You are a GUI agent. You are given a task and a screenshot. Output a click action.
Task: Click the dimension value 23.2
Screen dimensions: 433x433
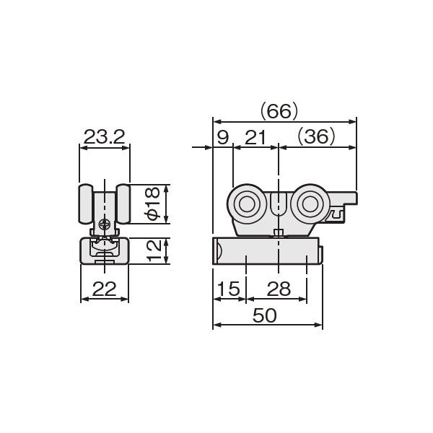pos(105,136)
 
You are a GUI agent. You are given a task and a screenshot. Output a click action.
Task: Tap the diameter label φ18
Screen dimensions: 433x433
pos(152,204)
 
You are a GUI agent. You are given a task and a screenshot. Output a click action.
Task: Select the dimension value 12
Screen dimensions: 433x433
pos(152,251)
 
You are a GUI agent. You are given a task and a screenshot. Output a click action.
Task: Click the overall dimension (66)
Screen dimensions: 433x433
pos(278,110)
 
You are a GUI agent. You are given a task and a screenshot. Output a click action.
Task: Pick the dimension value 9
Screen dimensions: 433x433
pos(222,136)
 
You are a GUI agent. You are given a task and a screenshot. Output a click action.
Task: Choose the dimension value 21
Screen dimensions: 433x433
pos(255,136)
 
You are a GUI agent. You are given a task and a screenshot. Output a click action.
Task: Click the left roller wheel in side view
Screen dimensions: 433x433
pos(247,204)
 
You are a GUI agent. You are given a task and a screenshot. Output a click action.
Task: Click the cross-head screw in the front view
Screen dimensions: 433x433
pos(105,225)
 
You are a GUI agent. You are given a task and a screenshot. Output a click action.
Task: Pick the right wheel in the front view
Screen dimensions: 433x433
pos(123,206)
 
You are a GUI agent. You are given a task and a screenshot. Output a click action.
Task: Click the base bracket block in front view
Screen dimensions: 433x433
pos(105,251)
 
